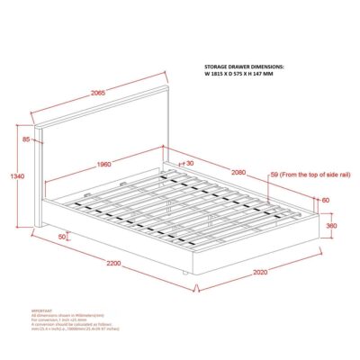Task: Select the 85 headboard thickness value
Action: coord(26,139)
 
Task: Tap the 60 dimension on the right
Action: coord(325,200)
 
